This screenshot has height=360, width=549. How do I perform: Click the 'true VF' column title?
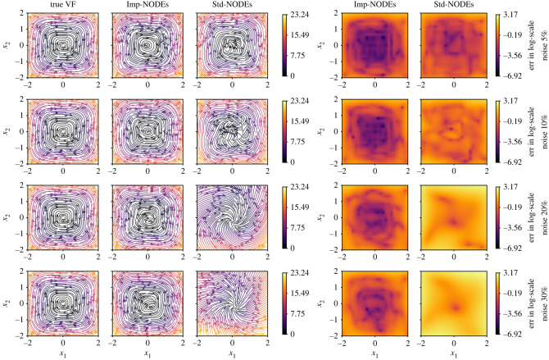(64, 7)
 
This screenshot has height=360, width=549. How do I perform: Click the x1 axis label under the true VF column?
(64, 353)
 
